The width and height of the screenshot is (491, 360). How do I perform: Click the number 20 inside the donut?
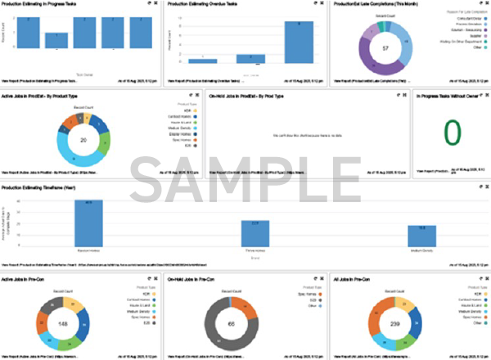pyautogui.click(x=60, y=140)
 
